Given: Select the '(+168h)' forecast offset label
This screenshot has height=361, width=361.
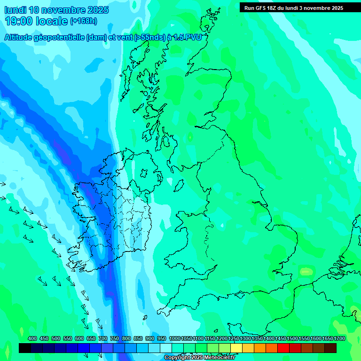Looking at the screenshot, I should [x=83, y=21].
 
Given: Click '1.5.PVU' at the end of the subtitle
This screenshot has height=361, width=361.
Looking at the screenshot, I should [x=188, y=38].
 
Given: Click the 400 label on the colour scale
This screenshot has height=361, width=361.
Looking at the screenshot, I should [x=32, y=338].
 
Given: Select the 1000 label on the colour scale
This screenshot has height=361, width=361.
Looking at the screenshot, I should [x=175, y=338].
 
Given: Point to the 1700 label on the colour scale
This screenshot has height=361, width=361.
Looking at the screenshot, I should [x=340, y=338].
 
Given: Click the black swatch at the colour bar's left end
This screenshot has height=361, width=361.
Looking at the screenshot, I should [x=25, y=348].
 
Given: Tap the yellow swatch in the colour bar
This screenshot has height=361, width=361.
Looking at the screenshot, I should [x=236, y=348].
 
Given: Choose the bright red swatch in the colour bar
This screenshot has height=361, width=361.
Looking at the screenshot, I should [x=283, y=348].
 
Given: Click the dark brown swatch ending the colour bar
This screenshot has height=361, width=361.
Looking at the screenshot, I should [x=330, y=348].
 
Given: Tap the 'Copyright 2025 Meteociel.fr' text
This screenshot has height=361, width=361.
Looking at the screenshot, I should [x=200, y=358].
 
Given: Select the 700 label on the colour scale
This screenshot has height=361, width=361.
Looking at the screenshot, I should [x=103, y=338].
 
